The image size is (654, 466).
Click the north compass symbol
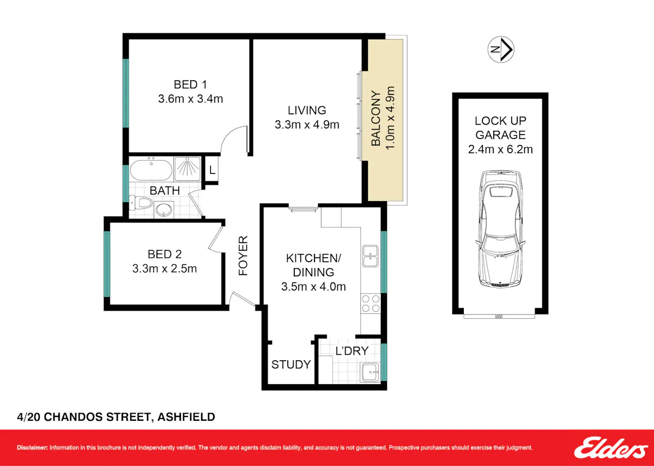tap(501, 50)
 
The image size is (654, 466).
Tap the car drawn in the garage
tap(500, 229)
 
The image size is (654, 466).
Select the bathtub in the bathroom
tap(152, 170)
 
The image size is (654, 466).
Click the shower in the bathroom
tap(187, 169)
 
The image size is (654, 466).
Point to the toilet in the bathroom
tap(141, 202)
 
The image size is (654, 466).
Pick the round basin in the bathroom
tap(164, 209)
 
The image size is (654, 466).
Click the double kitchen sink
tap(370, 256)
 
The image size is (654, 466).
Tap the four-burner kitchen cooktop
tap(371, 304)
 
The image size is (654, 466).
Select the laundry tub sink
tap(371, 372)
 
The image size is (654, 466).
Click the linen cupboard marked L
tap(212, 170)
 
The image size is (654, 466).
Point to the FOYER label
tap(243, 256)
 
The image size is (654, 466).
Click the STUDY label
tap(291, 365)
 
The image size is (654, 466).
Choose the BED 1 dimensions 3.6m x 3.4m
tap(190, 99)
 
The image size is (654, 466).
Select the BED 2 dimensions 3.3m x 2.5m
tap(165, 269)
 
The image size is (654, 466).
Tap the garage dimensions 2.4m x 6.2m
tap(500, 149)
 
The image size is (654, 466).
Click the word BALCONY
tap(376, 118)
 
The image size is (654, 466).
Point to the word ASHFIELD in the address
tap(186, 417)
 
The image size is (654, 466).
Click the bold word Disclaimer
tap(32, 447)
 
